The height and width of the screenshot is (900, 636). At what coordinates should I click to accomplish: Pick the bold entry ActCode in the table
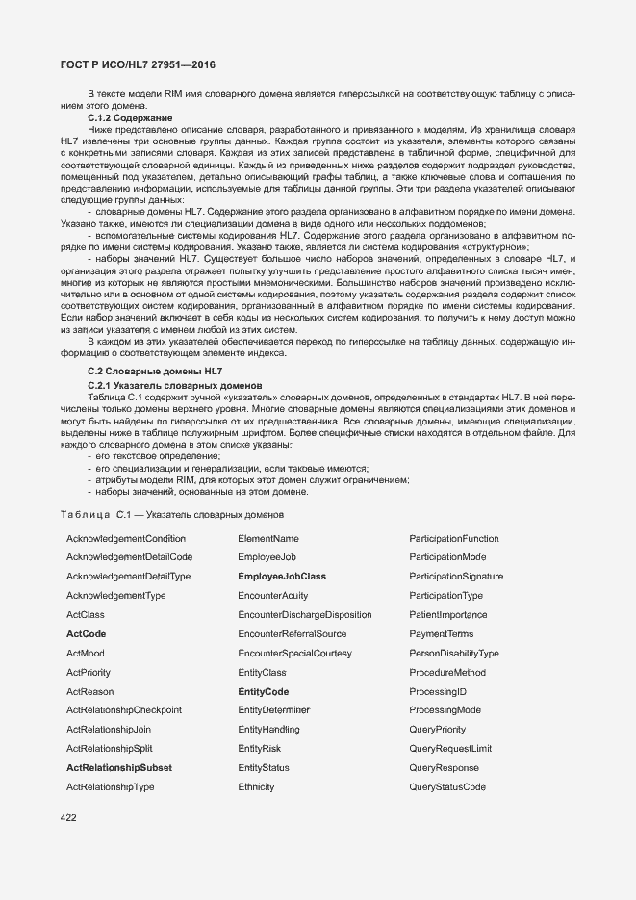click(86, 634)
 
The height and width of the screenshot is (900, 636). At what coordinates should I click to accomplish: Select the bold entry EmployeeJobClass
click(282, 577)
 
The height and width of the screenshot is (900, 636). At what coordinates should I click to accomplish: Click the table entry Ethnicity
click(256, 787)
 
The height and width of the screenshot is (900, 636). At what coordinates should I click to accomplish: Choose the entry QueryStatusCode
click(447, 787)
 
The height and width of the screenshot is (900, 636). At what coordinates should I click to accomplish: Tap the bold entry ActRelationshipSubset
click(119, 768)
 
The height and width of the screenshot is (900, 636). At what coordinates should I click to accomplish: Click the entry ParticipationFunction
click(454, 538)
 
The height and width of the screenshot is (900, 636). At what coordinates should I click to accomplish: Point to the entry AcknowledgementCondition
click(126, 538)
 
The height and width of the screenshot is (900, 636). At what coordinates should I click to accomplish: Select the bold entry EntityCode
click(263, 692)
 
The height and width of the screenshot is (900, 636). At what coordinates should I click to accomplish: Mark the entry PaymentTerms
click(442, 634)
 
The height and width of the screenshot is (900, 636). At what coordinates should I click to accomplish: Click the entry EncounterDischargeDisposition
click(305, 615)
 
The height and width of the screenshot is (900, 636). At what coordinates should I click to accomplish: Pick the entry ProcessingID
click(438, 692)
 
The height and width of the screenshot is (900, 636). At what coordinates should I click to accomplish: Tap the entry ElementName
click(268, 538)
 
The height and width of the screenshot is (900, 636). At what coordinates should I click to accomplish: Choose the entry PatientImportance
click(448, 615)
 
